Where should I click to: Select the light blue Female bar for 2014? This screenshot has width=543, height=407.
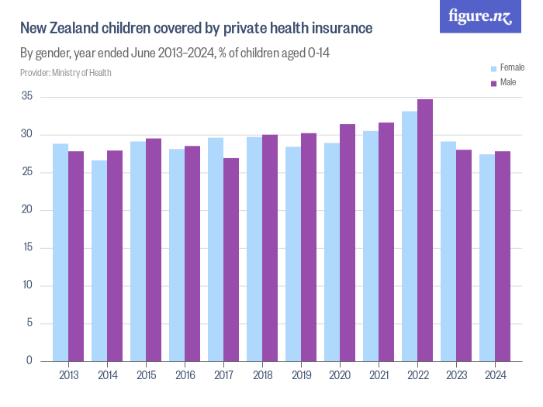(99, 260)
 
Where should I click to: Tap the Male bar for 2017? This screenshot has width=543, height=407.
(231, 259)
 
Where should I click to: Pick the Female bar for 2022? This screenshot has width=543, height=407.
(410, 236)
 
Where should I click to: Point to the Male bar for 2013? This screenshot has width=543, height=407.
(76, 256)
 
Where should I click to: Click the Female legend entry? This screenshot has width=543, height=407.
(507, 68)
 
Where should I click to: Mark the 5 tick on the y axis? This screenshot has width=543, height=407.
(29, 323)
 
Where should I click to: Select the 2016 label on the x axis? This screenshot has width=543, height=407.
(185, 375)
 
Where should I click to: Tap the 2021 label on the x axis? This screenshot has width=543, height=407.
(379, 375)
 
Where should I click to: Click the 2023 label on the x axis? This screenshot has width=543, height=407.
(456, 375)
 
